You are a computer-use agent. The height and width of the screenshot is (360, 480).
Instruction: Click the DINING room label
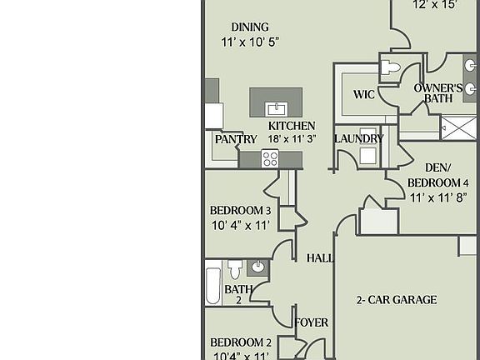click(250, 27)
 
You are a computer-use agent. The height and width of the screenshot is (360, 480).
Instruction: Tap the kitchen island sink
click(277, 109)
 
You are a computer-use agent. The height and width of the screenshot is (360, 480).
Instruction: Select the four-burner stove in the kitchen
click(270, 158)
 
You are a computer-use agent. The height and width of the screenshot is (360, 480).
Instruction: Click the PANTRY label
click(236, 139)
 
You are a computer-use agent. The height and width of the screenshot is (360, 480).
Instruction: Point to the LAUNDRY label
click(358, 138)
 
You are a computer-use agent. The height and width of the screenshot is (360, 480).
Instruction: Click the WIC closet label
click(363, 94)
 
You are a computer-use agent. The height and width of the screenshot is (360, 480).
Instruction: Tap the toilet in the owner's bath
click(391, 67)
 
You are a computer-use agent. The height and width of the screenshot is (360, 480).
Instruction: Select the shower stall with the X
click(458, 127)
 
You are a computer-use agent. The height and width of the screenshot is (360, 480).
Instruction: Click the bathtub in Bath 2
click(213, 286)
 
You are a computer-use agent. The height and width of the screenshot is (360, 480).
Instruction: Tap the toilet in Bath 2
click(235, 269)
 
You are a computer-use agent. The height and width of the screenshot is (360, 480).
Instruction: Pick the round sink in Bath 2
click(257, 267)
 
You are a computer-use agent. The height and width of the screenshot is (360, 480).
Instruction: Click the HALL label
click(320, 258)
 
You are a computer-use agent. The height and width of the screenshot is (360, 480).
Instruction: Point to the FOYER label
click(312, 322)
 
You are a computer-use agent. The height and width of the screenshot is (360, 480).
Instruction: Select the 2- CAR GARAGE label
click(397, 300)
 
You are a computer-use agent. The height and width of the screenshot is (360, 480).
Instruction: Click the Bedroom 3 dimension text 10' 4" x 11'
click(240, 226)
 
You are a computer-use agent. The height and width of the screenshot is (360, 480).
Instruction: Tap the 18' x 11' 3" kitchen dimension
click(292, 138)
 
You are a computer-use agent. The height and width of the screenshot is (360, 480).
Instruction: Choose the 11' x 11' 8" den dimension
click(438, 197)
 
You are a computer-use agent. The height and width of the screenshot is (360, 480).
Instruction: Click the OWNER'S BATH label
click(438, 93)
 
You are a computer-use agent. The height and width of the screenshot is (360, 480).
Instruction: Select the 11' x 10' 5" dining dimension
click(250, 42)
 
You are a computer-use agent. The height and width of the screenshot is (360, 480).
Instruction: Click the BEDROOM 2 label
click(241, 342)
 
